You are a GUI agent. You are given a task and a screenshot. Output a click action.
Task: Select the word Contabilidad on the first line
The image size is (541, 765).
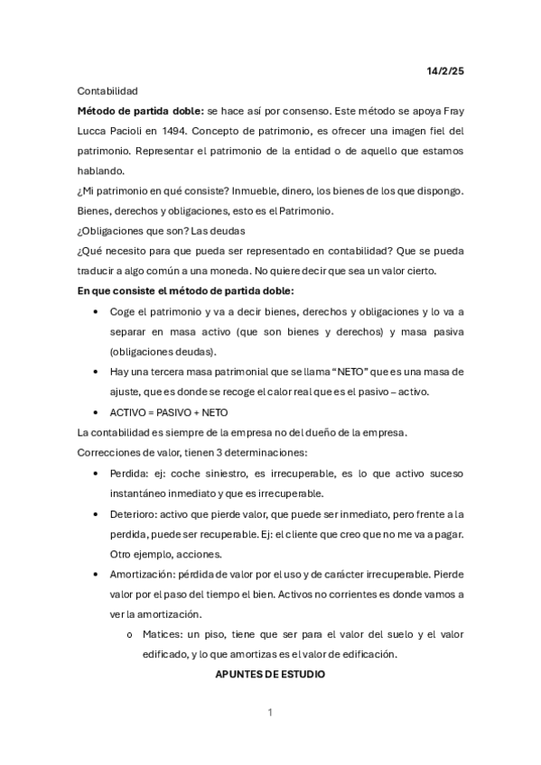point(107,91)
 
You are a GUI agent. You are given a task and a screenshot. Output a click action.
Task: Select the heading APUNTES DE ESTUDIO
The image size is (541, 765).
point(270,674)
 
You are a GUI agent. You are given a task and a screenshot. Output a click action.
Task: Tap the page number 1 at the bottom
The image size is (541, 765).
point(270,714)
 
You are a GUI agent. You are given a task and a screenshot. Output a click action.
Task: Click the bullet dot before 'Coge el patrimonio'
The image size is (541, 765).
point(97,311)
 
